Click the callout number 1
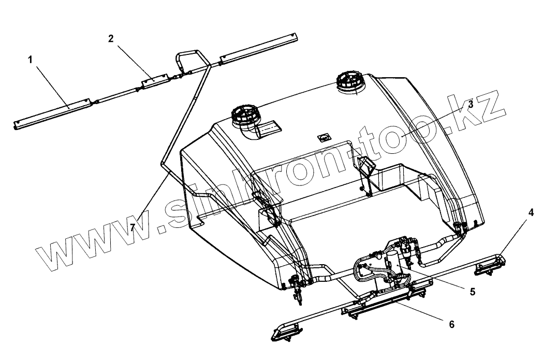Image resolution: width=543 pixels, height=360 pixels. pyautogui.click(x=30, y=60)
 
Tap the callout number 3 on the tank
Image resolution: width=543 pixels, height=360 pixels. pyautogui.click(x=471, y=104)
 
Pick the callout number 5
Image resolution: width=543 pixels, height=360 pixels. pyautogui.click(x=472, y=292)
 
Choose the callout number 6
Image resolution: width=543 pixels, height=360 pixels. pyautogui.click(x=451, y=325)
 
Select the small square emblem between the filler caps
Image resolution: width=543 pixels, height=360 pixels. pyautogui.click(x=325, y=137)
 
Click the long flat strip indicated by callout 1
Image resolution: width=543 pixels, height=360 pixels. pyautogui.click(x=52, y=114)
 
